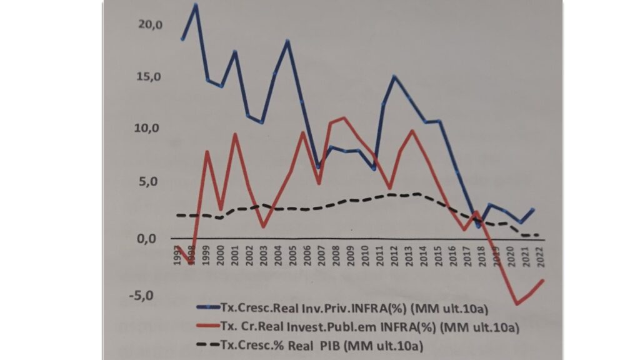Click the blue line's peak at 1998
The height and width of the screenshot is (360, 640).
point(196,5)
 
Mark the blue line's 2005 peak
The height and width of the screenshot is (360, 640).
point(287,41)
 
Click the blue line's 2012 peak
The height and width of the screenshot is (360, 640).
point(394,76)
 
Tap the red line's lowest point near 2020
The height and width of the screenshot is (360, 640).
point(517,304)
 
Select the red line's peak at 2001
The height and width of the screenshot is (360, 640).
point(235,134)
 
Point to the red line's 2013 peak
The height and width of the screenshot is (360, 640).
point(412,130)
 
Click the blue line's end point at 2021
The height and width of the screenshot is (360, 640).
point(533,209)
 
